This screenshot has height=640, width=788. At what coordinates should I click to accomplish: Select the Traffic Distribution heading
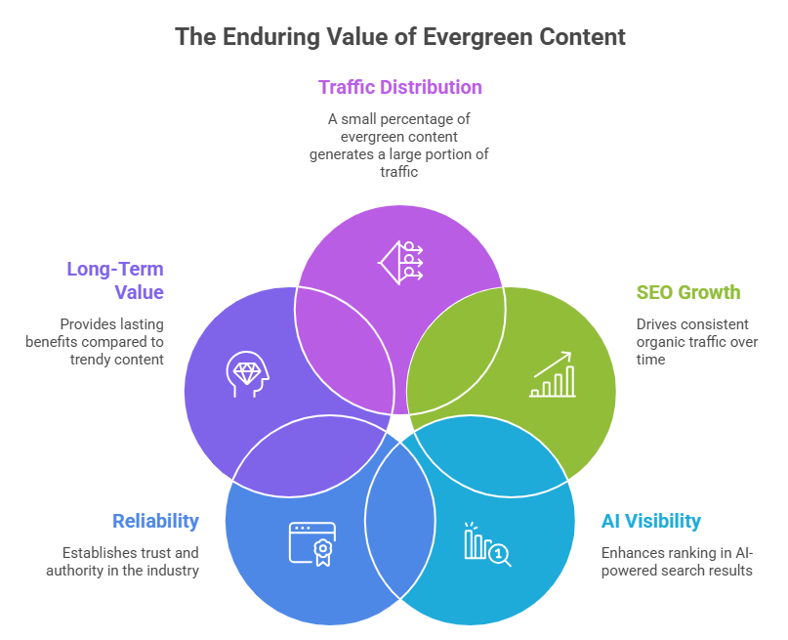(400, 87)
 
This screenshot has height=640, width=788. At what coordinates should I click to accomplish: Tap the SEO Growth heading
(687, 292)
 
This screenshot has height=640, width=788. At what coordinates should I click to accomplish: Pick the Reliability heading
(155, 521)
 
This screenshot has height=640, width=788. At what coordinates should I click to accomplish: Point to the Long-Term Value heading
(115, 280)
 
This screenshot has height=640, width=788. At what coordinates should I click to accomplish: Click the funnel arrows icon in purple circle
(400, 261)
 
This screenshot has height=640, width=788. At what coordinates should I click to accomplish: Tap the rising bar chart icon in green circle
(553, 375)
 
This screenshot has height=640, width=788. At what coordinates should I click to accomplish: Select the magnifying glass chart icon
(486, 545)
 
